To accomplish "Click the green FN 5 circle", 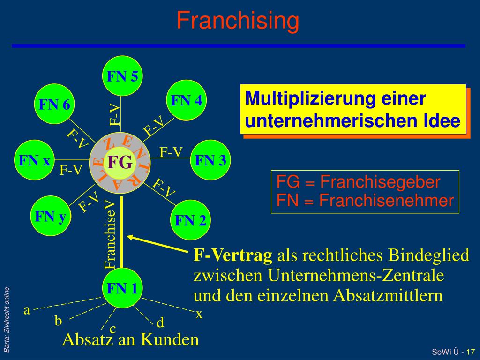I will pos(122,76).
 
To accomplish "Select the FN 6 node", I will pos(54,104).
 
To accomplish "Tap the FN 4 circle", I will pos(187,100).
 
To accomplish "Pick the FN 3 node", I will pos(210,160).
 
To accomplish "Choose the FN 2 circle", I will pos(190,220).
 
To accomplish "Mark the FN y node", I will pos(50,216).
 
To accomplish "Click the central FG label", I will pos(120,162).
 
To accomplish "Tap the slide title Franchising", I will pos(238,21).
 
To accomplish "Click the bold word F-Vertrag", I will pos(233,255).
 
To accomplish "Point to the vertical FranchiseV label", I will pos(110,234).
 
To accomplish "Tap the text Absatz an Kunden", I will pos(131,339).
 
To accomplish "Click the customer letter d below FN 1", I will pos(160,323).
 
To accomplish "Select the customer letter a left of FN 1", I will pos(27,310).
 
